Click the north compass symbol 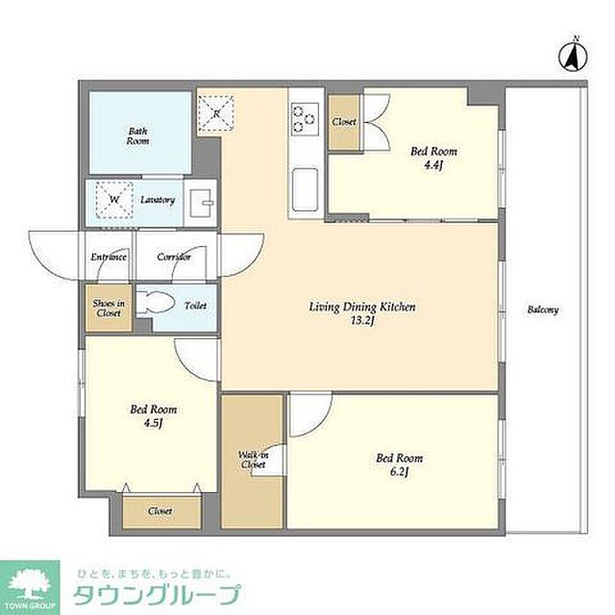click(573, 55)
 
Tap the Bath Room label click(138, 136)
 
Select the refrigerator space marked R click(216, 113)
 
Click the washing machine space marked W click(114, 199)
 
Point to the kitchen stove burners click(304, 119)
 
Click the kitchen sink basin click(305, 190)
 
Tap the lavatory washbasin click(201, 203)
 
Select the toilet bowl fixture click(156, 303)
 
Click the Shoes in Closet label click(109, 308)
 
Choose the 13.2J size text click(363, 322)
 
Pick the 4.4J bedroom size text click(433, 165)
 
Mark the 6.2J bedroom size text click(399, 473)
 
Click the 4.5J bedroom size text click(153, 423)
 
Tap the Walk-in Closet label click(253, 459)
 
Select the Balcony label click(543, 310)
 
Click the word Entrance click(109, 257)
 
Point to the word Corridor click(174, 257)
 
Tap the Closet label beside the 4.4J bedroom click(344, 122)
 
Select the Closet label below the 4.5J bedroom click(160, 511)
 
